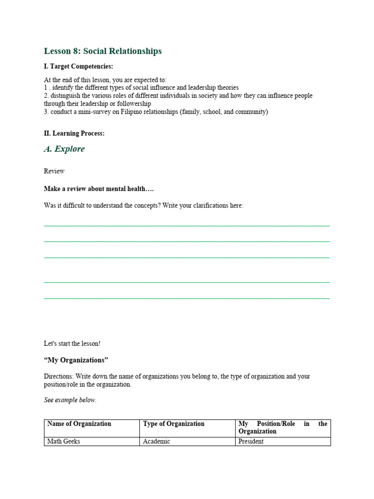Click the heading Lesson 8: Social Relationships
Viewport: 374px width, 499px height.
[103, 51]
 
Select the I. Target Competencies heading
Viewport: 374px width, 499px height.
[78, 66]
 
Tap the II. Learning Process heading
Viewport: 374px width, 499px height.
[74, 133]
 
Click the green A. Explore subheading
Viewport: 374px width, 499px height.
[64, 149]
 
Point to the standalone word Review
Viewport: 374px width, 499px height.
[54, 171]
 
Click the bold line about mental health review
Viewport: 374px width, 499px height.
[99, 189]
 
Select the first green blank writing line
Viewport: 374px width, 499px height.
[187, 226]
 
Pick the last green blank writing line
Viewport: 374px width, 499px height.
[187, 297]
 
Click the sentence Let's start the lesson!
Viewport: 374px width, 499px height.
[72, 344]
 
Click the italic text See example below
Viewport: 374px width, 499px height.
[70, 400]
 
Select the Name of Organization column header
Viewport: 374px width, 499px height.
[79, 424]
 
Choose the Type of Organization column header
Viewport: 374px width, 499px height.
[174, 424]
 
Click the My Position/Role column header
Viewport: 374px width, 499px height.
[282, 427]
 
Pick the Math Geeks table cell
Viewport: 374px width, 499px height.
[64, 441]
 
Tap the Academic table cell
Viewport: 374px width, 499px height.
[156, 441]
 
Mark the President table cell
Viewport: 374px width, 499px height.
[251, 441]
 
